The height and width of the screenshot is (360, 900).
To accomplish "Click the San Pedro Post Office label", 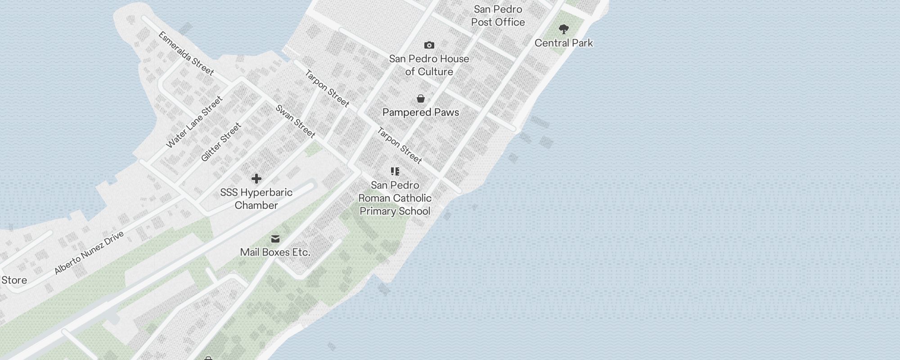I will [x=498, y=16].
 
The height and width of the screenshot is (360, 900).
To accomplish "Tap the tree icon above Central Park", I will [x=563, y=30].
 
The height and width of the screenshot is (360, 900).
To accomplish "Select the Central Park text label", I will [x=563, y=43].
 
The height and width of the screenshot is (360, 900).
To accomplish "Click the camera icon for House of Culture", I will [x=429, y=45].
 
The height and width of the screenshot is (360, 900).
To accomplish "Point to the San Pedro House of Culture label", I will [x=429, y=65].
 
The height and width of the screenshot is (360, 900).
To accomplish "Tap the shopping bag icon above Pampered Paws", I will [x=420, y=99].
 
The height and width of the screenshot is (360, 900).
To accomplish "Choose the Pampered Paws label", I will [x=420, y=112].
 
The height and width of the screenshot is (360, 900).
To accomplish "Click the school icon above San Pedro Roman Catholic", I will [x=395, y=171].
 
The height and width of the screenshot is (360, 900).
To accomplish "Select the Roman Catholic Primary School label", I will [x=395, y=198].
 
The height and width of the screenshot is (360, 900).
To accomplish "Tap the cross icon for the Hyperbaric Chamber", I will [x=256, y=179].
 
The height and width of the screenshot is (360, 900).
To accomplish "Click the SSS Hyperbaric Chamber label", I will [x=256, y=198].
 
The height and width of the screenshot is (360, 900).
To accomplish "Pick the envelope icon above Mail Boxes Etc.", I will [x=275, y=239].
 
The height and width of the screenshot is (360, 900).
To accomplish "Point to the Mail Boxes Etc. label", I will [x=275, y=252].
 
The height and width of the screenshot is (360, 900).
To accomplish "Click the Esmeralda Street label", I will [x=186, y=53].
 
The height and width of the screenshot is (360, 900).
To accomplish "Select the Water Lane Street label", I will [x=194, y=122].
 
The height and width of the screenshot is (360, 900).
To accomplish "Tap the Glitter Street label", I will [x=221, y=142].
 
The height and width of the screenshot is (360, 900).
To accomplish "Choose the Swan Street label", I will [x=295, y=121].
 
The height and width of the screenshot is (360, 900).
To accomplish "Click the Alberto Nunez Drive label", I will [x=89, y=253].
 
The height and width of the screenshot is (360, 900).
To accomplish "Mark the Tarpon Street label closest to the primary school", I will [x=399, y=145].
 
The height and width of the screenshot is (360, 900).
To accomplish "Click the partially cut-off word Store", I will [x=13, y=280].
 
